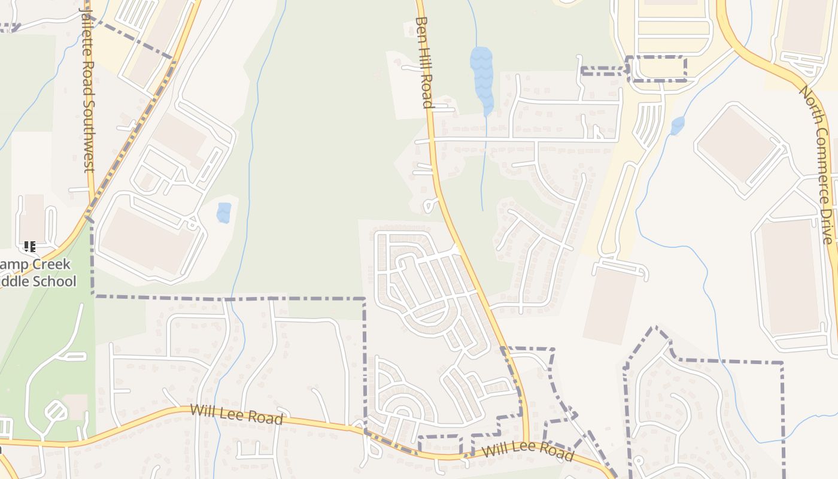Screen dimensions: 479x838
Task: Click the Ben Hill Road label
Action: [x=424, y=63]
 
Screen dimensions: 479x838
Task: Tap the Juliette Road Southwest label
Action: [x=87, y=90]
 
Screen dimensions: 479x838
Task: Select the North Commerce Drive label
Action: [x=818, y=165]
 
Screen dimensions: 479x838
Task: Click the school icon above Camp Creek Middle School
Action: [x=30, y=246]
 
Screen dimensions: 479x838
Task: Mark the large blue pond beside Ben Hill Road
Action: [x=482, y=78]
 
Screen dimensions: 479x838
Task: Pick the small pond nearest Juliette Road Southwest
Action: [x=224, y=213]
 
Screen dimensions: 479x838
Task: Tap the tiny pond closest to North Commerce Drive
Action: [x=678, y=126]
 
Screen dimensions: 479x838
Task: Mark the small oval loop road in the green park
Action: [x=56, y=411]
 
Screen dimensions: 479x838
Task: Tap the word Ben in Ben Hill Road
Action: [x=421, y=29]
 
